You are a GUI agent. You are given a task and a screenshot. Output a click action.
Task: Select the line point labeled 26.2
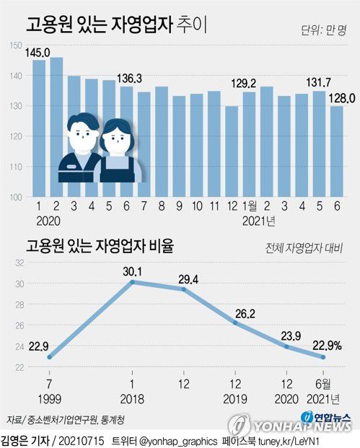tap(235, 322)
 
